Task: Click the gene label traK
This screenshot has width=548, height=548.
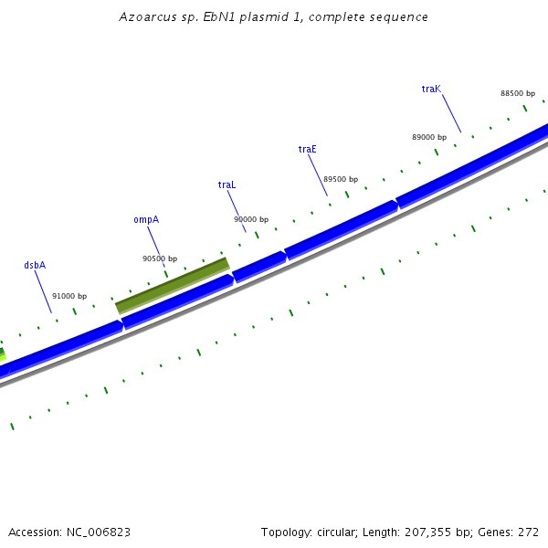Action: click(x=431, y=90)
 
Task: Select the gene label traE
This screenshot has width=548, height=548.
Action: click(x=308, y=149)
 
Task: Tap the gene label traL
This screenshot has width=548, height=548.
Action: click(x=227, y=184)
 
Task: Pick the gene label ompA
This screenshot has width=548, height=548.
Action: click(x=146, y=219)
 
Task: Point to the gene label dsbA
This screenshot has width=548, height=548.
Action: click(x=35, y=265)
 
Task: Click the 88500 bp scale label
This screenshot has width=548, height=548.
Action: click(x=518, y=93)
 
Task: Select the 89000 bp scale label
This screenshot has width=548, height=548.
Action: click(x=429, y=137)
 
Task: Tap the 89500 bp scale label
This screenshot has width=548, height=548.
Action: click(x=341, y=179)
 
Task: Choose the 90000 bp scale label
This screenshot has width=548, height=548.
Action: click(x=251, y=219)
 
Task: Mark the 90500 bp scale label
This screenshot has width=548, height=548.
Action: click(x=160, y=258)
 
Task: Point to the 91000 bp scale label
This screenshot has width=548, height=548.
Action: click(x=69, y=296)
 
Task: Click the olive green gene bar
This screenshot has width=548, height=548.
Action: click(x=173, y=285)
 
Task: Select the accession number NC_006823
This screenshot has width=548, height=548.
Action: click(x=99, y=532)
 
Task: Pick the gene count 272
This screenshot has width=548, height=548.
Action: click(x=530, y=532)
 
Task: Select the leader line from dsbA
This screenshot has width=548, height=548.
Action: click(x=44, y=292)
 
